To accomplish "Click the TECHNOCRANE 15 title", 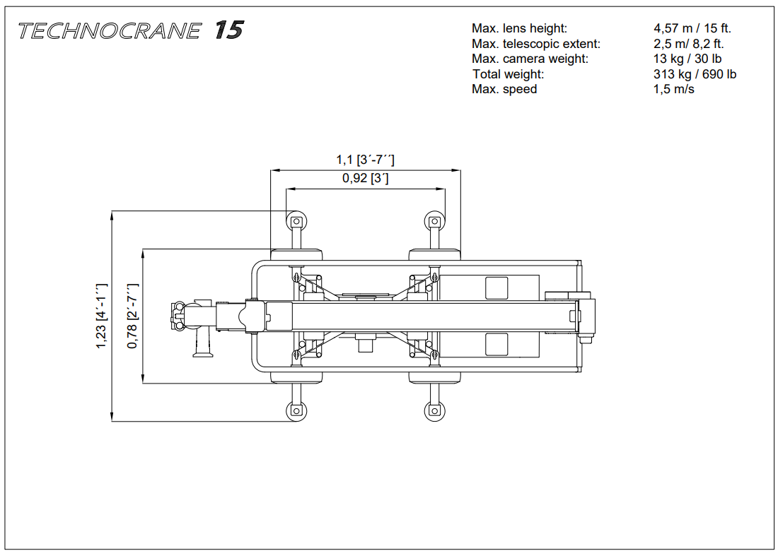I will click(x=131, y=31).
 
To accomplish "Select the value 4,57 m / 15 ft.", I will click(x=692, y=29).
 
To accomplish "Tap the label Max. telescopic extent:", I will click(x=535, y=44).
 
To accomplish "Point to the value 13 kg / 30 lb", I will click(x=687, y=59).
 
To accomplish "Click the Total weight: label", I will click(x=508, y=74).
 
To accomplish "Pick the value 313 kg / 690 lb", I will click(x=695, y=74).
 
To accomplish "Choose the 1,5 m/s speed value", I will click(x=673, y=89).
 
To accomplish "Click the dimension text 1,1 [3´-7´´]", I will click(x=365, y=160).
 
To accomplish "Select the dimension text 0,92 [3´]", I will click(x=365, y=179).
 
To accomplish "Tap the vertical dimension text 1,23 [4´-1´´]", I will click(x=101, y=316).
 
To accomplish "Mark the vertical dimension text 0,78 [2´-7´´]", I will click(x=132, y=316).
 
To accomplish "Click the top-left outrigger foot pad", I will click(x=296, y=222).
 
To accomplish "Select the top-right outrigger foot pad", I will click(x=434, y=222).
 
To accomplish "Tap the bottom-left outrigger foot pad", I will click(x=296, y=410).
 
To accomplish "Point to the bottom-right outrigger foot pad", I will click(x=434, y=410).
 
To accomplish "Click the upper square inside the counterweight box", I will click(x=497, y=287).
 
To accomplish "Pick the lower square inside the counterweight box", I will click(x=497, y=344).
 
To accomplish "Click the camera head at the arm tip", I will click(x=185, y=315).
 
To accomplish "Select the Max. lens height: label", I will click(x=519, y=29).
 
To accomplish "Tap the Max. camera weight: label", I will click(x=530, y=59).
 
